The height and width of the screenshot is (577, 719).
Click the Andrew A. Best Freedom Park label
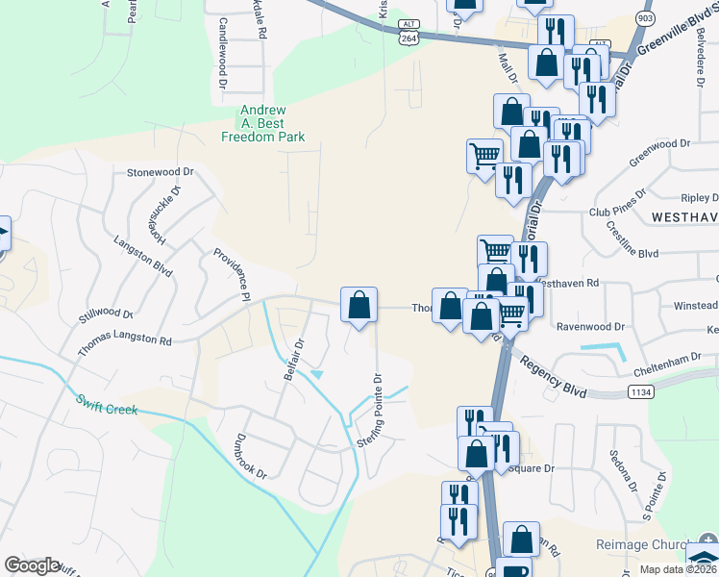pos(263,124)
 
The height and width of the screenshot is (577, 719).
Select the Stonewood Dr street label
pos(161,172)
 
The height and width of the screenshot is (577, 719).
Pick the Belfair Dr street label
pos(293,359)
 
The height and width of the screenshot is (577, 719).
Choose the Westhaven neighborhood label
pos(683,218)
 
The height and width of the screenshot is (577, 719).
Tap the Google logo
pos(32,565)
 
